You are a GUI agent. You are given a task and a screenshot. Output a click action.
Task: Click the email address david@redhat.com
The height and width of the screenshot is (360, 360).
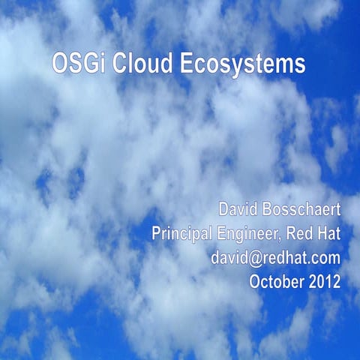click(x=276, y=259)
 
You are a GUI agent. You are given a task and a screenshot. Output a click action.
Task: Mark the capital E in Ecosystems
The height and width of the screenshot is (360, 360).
click(x=186, y=64)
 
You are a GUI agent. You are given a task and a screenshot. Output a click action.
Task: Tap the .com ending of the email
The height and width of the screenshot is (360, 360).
click(x=324, y=259)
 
